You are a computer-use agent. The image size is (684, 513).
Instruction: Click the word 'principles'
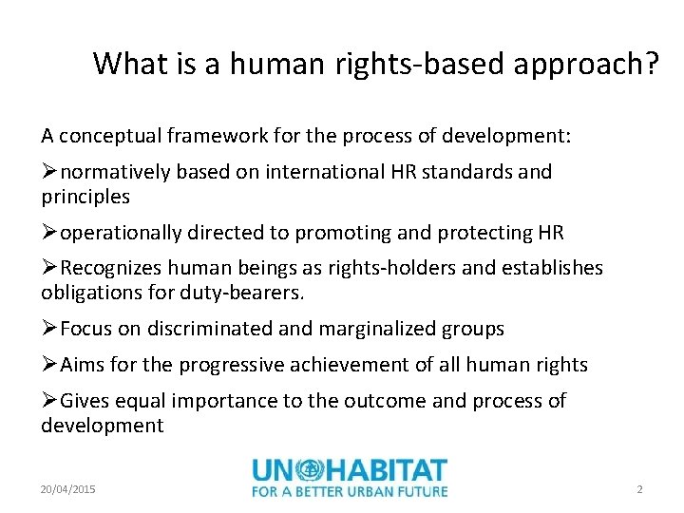tap(85, 197)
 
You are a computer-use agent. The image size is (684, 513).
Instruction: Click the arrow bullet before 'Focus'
tap(49, 329)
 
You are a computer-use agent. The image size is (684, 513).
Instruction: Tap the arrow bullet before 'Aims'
tap(49, 365)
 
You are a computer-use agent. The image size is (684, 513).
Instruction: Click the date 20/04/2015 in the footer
tap(68, 489)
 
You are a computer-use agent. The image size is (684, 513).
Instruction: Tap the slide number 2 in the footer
tap(639, 489)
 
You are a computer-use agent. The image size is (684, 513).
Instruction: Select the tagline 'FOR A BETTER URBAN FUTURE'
tap(350, 491)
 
